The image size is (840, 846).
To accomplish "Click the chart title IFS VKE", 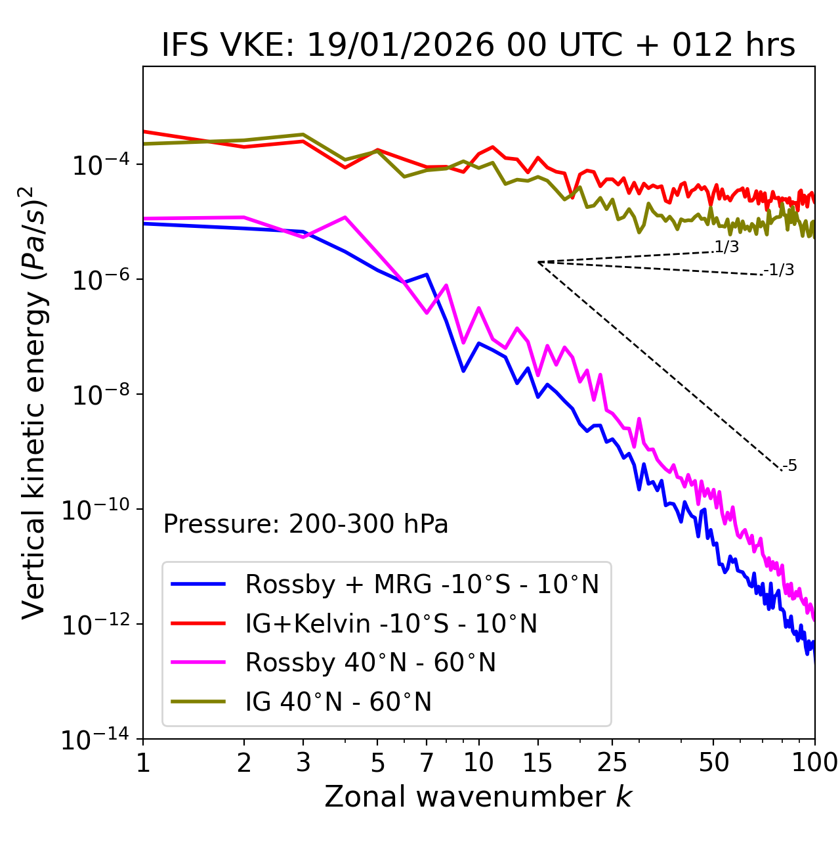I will pos(478,45).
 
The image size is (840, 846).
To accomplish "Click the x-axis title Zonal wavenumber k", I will pos(478,796).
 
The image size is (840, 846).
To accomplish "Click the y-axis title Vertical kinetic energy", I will pos(34,401).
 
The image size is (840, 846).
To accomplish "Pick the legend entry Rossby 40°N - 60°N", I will pos(370,663).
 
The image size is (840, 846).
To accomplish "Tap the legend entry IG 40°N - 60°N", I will pos(338,702).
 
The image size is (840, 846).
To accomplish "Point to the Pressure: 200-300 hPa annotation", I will pos(306,524).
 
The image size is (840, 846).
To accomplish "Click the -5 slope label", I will pos(789,466).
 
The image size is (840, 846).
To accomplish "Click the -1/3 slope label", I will pos(779,269).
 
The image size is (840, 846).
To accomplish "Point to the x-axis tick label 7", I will pos(427,763).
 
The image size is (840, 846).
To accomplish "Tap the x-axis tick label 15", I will pos(538,763).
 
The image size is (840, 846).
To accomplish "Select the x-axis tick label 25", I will pos(612,763).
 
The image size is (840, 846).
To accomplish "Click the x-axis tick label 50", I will pos(713,763).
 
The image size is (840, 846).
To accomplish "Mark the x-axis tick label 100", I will pos(814,763).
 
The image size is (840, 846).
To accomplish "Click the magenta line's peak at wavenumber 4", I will pos(345,217).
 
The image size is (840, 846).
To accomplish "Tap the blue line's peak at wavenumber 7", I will pos(427,275).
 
